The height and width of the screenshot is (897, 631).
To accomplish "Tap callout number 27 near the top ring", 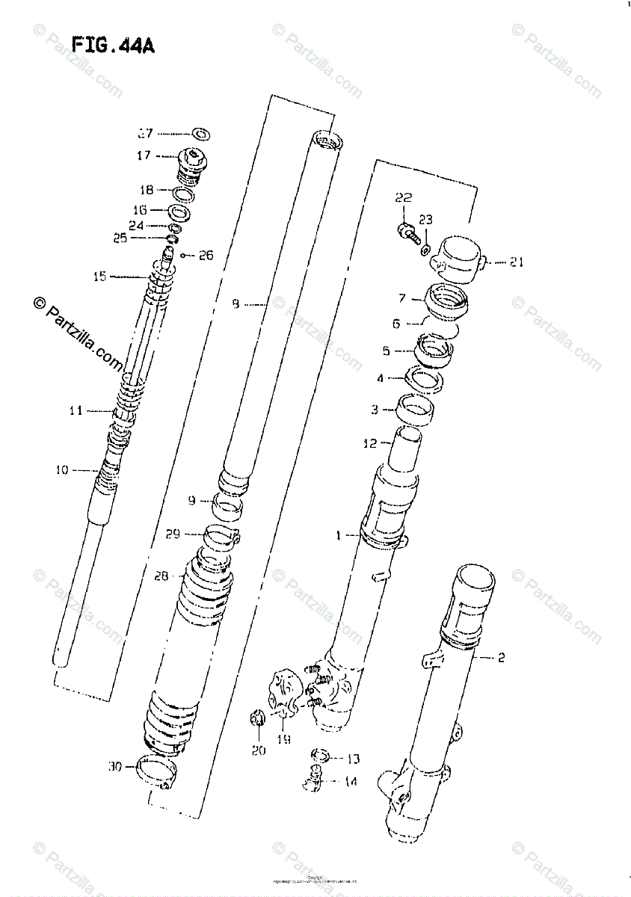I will click(144, 134).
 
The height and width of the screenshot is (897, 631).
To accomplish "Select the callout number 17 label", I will click(143, 155).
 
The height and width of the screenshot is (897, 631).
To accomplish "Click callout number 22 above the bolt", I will click(403, 198).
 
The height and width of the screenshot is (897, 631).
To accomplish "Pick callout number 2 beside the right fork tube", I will click(500, 658).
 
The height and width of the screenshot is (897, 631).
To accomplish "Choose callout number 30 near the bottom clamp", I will click(114, 766).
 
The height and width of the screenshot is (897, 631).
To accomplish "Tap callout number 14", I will click(351, 782).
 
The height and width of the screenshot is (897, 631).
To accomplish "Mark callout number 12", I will click(370, 444).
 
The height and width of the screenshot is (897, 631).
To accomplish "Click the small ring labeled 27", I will click(200, 135).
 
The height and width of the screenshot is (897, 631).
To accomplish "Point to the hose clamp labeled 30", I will click(158, 771).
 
